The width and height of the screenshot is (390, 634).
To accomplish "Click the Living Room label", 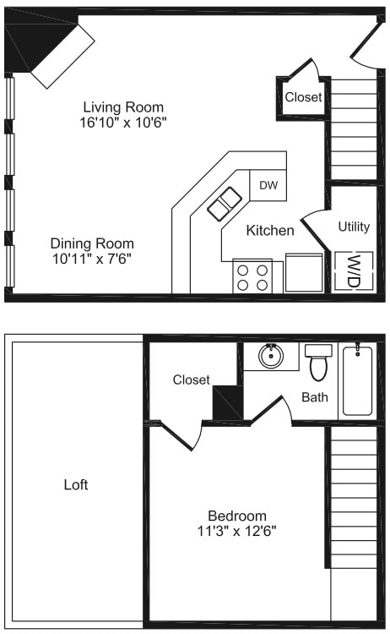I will click(123, 107).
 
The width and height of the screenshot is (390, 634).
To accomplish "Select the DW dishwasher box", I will click(268, 185).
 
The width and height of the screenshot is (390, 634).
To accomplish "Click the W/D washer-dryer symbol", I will click(354, 271).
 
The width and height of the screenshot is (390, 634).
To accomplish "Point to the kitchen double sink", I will click(225, 203).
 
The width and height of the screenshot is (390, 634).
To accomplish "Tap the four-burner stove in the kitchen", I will click(252, 276).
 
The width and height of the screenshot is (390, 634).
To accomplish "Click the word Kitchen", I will click(270, 230).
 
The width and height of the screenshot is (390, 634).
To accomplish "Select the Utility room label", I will click(354, 227).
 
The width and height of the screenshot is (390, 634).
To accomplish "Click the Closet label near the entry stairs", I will click(303, 97).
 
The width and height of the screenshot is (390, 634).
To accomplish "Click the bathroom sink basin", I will click(271, 356).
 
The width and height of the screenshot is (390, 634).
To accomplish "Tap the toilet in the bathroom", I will click(318, 363).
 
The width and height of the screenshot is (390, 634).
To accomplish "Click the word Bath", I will click(315, 397).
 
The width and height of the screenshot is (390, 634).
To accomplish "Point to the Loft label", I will click(76, 485).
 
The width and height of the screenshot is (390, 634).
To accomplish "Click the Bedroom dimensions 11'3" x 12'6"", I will click(237, 532).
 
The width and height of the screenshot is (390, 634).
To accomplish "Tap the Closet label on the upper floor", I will click(191, 380).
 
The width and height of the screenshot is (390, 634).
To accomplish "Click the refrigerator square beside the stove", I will click(304, 272).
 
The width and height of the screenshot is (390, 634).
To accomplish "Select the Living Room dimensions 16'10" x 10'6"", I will click(123, 122).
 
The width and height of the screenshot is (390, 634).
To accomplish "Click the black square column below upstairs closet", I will click(227, 402).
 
